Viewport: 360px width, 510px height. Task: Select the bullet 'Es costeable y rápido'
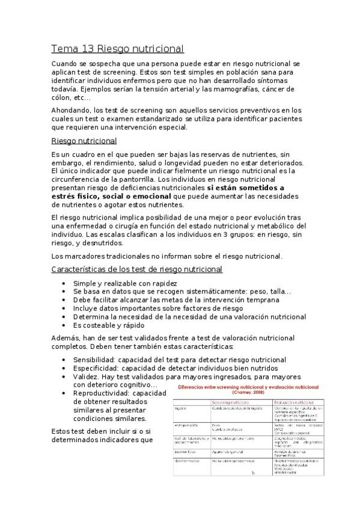pos(111,325)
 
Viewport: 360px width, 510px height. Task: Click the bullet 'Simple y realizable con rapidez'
pos(124,283)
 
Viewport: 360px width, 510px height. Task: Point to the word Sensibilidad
pos(94,360)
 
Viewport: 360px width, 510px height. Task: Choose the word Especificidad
pos(95,368)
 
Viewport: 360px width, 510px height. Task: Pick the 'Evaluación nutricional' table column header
pos(294,402)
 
